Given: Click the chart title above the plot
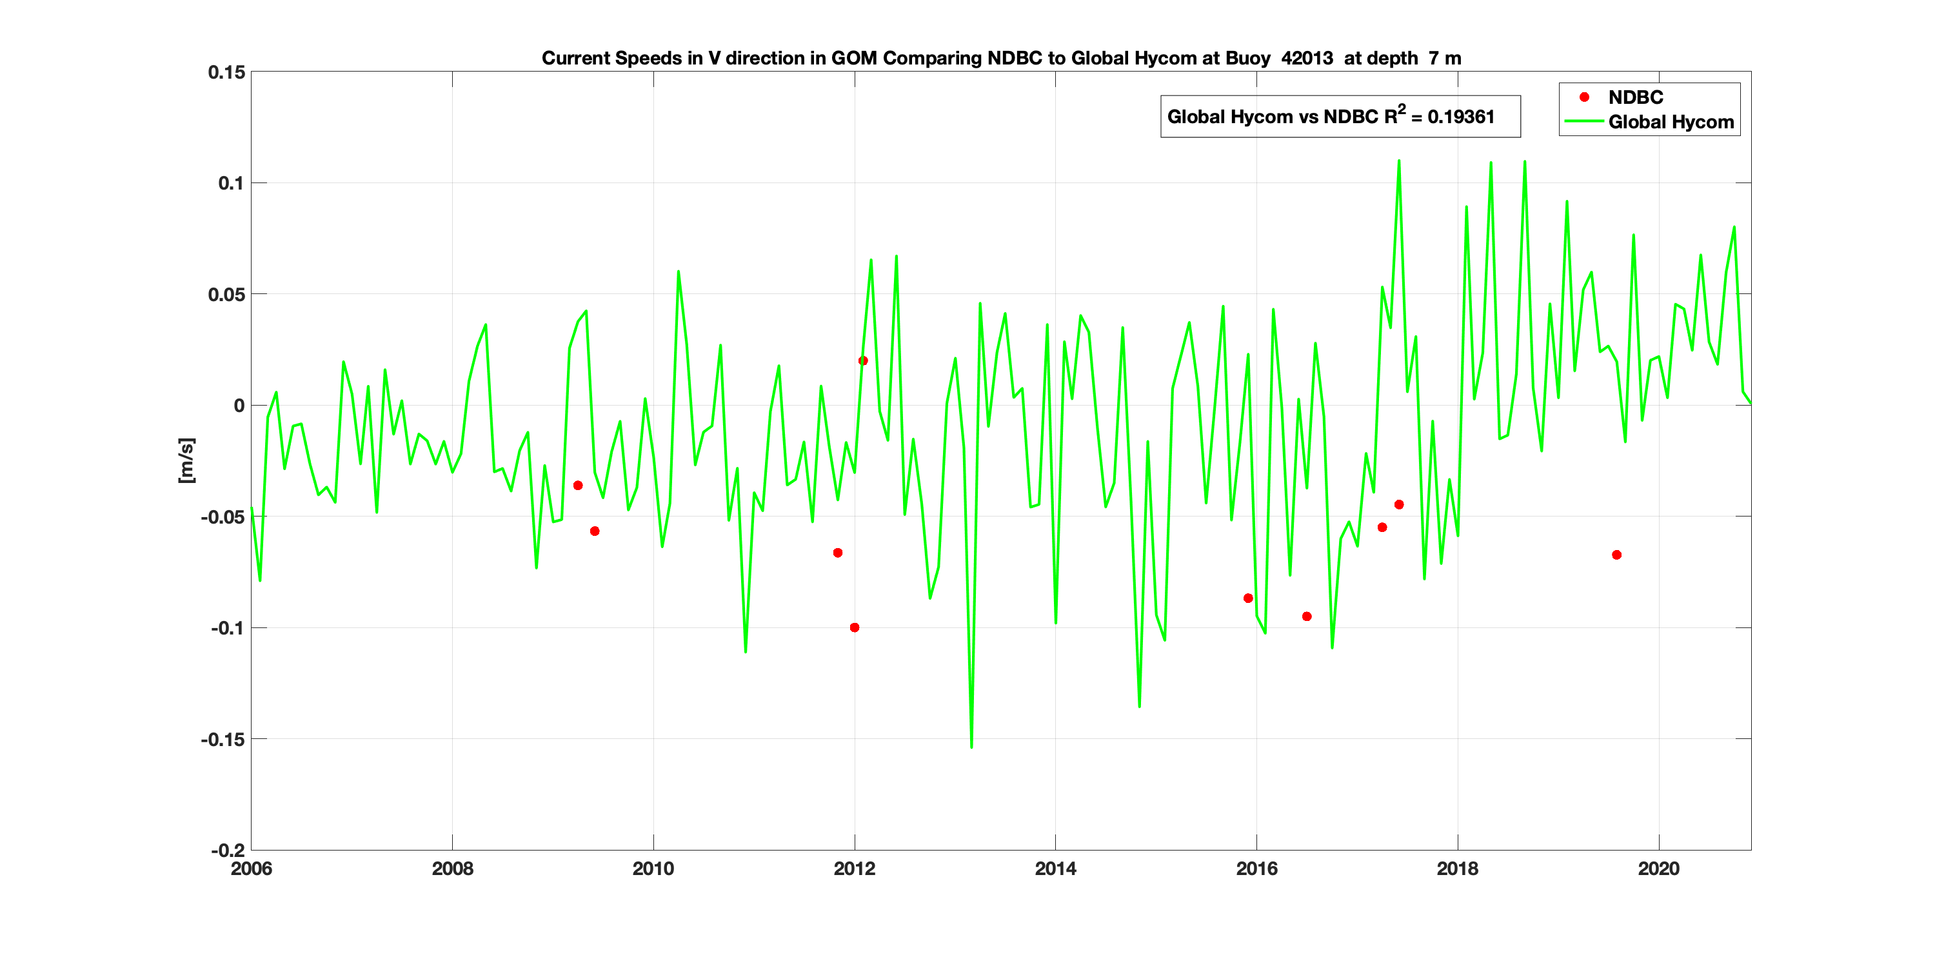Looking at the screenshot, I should pyautogui.click(x=1001, y=59).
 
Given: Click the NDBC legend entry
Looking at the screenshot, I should pyautogui.click(x=1635, y=97).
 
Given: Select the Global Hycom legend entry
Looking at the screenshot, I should pyautogui.click(x=1671, y=123).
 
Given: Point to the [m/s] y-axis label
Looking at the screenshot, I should pyautogui.click(x=186, y=460).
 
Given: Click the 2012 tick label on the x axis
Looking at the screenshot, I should pyautogui.click(x=854, y=869).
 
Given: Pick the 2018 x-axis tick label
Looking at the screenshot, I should pyautogui.click(x=1457, y=869).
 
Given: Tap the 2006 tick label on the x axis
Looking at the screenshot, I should pyautogui.click(x=251, y=869).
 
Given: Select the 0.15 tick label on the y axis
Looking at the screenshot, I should pyautogui.click(x=226, y=72).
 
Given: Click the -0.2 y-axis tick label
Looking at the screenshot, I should pyautogui.click(x=227, y=851).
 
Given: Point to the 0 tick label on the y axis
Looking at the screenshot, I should pyautogui.click(x=239, y=406).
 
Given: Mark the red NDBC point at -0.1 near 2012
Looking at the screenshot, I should pyautogui.click(x=854, y=627).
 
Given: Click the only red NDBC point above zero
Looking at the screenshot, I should pyautogui.click(x=863, y=361).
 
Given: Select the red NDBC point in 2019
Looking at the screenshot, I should pyautogui.click(x=1616, y=555).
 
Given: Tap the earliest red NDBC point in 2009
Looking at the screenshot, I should pyautogui.click(x=578, y=486).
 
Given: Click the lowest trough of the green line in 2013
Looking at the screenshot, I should pyautogui.click(x=971, y=747).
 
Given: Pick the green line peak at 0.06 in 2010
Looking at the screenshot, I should pyautogui.click(x=679, y=271).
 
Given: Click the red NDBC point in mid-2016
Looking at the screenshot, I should pyautogui.click(x=1307, y=616).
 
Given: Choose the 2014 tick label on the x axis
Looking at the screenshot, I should pyautogui.click(x=1055, y=869).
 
